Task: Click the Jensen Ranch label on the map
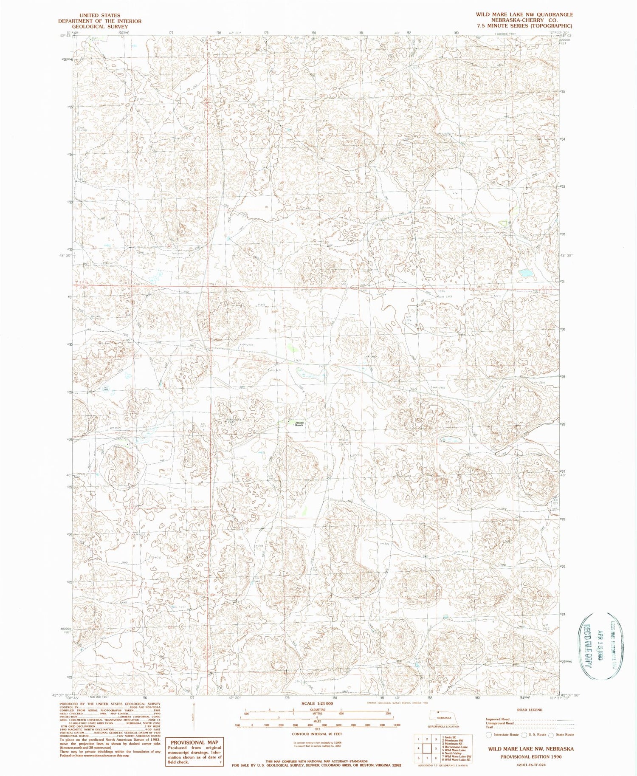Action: (x=299, y=423)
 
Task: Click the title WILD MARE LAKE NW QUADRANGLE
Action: (x=524, y=14)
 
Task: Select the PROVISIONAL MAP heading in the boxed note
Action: (x=194, y=742)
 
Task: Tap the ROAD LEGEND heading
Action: (x=530, y=710)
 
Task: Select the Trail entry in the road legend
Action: (x=490, y=727)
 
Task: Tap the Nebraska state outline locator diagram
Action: (x=438, y=714)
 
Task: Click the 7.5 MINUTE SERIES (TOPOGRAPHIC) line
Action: (x=524, y=25)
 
